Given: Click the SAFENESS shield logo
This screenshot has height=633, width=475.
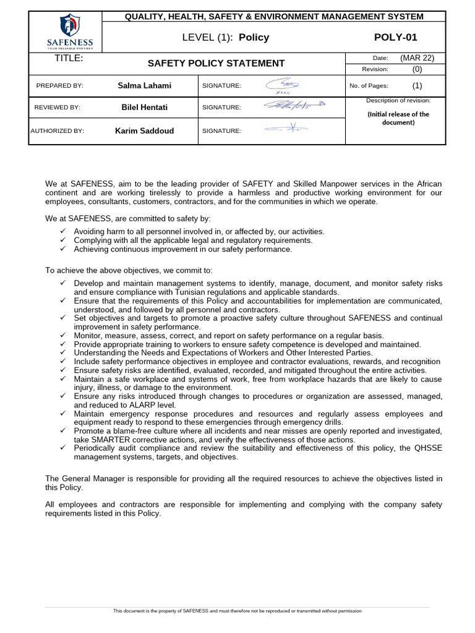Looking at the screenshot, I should coord(69,27).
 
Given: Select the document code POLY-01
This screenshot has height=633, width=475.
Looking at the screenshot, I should coord(395,37).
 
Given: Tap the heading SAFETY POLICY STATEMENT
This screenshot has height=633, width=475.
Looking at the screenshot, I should coord(216,63).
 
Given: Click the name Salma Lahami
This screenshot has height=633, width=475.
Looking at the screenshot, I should coord(145,85).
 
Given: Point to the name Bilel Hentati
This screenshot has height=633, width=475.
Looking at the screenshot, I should coord(145,107).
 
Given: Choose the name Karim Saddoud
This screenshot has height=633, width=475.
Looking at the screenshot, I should coord(145,130).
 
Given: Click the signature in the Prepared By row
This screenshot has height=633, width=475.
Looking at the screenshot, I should coord(281,85).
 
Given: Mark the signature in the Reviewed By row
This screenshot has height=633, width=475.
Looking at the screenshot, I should coord(294,106).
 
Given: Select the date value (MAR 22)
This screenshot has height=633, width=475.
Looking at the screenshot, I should coord(417,58).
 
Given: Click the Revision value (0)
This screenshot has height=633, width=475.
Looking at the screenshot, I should coord(417,69).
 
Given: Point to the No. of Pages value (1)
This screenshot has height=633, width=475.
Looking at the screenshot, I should coord(417,86).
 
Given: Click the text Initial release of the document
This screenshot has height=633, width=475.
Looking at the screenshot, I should coord(398,118).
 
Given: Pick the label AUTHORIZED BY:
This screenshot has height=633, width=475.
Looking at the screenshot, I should coord(58,131).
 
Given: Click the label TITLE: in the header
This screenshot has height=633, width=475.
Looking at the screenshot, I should coord(69,58).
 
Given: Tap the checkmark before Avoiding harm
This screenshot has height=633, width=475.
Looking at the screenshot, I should coord(63,231).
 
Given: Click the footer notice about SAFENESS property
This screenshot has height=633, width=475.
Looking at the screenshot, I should coord(237,611).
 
